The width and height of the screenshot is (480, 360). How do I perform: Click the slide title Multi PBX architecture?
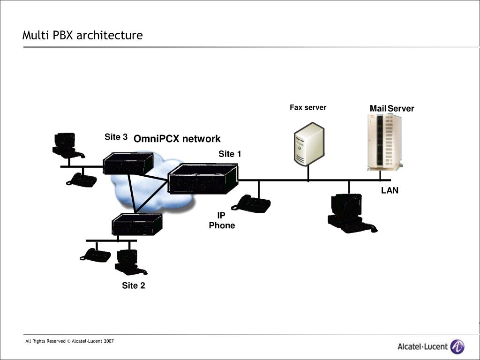pyautogui.click(x=82, y=35)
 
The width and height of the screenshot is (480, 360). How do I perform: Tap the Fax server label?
pyautogui.click(x=308, y=107)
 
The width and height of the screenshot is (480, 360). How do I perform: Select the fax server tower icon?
pyautogui.click(x=309, y=144)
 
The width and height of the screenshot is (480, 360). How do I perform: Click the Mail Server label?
pyautogui.click(x=392, y=108)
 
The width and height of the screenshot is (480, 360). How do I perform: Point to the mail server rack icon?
pyautogui.click(x=384, y=142)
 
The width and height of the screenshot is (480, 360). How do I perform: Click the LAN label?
pyautogui.click(x=390, y=190)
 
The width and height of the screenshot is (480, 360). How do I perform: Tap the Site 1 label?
pyautogui.click(x=230, y=154)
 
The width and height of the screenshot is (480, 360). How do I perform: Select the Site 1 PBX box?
pyautogui.click(x=203, y=179)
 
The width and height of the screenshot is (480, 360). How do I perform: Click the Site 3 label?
pyautogui.click(x=116, y=137)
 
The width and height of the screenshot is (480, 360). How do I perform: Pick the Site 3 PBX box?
pyautogui.click(x=128, y=164)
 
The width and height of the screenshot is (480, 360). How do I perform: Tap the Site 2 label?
pyautogui.click(x=134, y=285)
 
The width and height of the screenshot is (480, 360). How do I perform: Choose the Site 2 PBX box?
pyautogui.click(x=137, y=225)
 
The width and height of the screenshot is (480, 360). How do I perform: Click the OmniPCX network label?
pyautogui.click(x=177, y=139)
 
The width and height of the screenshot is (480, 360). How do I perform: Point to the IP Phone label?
pyautogui.click(x=222, y=220)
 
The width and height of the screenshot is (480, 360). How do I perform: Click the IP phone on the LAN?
pyautogui.click(x=251, y=204)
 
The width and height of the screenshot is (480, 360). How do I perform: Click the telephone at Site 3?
pyautogui.click(x=82, y=180)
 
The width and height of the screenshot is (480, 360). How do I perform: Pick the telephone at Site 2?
pyautogui.click(x=95, y=255)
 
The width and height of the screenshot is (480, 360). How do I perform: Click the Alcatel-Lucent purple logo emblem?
pyautogui.click(x=457, y=347)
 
